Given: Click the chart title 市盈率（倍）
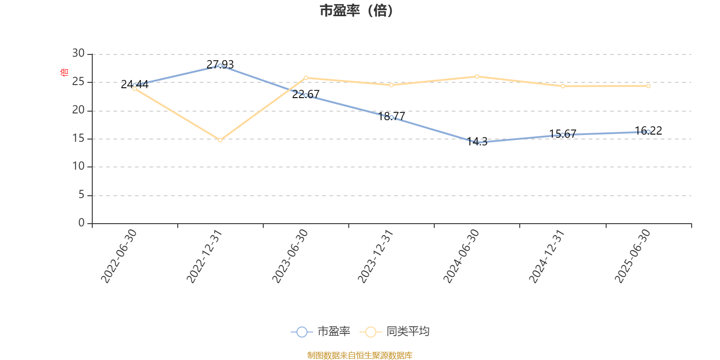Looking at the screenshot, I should tap(356, 11).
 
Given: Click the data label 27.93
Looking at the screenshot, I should tap(220, 64).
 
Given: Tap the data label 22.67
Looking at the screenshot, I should tap(306, 94).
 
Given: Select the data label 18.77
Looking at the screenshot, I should tap(391, 116).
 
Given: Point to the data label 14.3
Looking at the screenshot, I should tap(477, 142).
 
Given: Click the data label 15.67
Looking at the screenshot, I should tap(562, 134).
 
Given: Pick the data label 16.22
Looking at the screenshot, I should tap(648, 130).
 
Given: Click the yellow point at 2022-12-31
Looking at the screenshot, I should tap(220, 140).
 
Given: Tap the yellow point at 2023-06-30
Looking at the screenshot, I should tap(306, 78).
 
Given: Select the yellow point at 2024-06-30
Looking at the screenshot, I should tap(477, 76).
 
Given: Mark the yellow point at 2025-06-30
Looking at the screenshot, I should tap(648, 86).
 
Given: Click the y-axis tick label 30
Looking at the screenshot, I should tap(78, 53).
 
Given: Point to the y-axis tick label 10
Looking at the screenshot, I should tap(78, 166).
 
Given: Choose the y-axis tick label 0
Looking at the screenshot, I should tap(81, 223).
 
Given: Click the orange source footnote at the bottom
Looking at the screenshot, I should tap(360, 355).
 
